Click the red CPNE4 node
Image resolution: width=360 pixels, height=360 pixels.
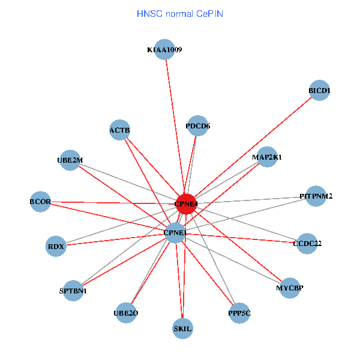point(186,204)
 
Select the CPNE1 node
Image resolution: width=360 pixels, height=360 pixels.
point(175,233)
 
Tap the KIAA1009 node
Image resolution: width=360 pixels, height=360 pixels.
point(164,50)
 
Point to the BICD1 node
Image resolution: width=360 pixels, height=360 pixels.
point(319,91)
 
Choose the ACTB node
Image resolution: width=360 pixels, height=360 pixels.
point(120,130)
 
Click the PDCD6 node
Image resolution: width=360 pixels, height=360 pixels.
point(197,126)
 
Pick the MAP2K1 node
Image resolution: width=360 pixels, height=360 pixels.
point(266,157)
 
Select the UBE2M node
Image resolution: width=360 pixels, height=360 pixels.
point(70,160)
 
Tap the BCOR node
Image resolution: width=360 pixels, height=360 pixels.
point(40,202)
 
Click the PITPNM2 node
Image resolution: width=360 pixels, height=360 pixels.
point(316,196)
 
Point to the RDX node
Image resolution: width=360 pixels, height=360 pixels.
point(56,246)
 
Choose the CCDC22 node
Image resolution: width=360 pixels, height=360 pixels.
point(307,244)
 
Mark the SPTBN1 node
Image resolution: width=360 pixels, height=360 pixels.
point(73,291)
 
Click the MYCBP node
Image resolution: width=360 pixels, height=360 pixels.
point(290,288)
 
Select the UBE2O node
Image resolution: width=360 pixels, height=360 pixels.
point(126,313)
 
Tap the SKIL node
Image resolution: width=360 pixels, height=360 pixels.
point(182,329)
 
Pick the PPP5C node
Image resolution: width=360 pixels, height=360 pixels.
point(239,313)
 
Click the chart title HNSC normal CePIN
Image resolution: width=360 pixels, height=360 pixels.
point(180,13)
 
